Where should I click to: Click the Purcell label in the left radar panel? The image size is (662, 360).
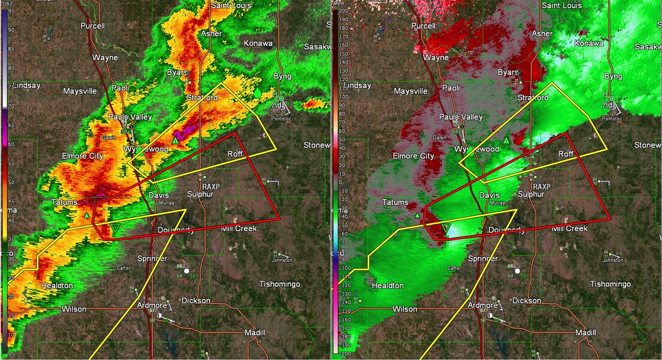(92, 26)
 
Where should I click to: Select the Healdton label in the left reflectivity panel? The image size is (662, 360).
(57, 286)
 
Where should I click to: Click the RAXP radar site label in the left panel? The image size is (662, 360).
(211, 186)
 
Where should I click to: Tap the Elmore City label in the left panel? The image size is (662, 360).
(82, 156)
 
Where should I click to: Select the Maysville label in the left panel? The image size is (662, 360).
(79, 91)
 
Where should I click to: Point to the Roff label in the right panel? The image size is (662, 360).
(567, 154)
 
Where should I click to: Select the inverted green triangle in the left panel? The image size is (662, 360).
(115, 228)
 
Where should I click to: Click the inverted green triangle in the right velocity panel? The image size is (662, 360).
(447, 228)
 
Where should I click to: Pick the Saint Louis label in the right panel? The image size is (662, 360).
(562, 5)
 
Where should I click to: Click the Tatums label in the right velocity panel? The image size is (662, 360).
(396, 202)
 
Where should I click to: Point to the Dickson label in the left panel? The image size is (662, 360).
(195, 300)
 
